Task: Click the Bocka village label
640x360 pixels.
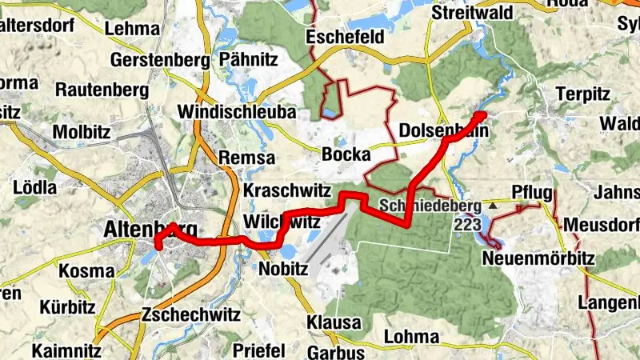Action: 346,154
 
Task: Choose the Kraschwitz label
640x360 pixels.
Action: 282,191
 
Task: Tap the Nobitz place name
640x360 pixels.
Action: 284,269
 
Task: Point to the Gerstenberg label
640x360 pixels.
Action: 159,60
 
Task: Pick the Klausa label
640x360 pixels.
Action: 334,322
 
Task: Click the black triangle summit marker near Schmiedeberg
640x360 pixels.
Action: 493,206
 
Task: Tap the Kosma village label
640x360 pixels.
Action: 86,271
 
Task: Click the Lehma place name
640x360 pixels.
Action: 132,29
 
